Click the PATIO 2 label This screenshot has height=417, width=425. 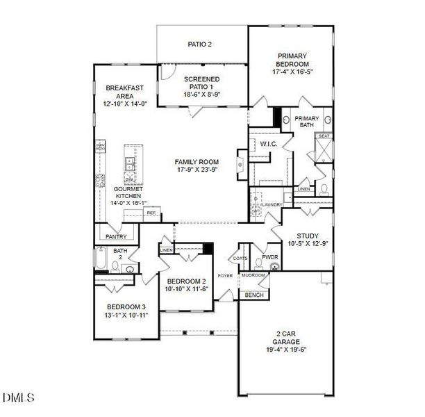[200, 44]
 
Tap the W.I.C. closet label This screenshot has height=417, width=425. [269, 144]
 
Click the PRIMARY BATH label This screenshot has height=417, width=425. [306, 122]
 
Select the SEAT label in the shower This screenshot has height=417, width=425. [323, 137]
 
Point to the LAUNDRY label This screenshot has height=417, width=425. [272, 205]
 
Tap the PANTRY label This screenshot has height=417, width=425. [116, 236]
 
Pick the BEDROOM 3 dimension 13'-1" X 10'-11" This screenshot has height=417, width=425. [127, 315]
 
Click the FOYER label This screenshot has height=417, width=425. [225, 276]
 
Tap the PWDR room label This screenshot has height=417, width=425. [270, 257]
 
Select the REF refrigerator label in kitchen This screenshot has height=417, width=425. [151, 213]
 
